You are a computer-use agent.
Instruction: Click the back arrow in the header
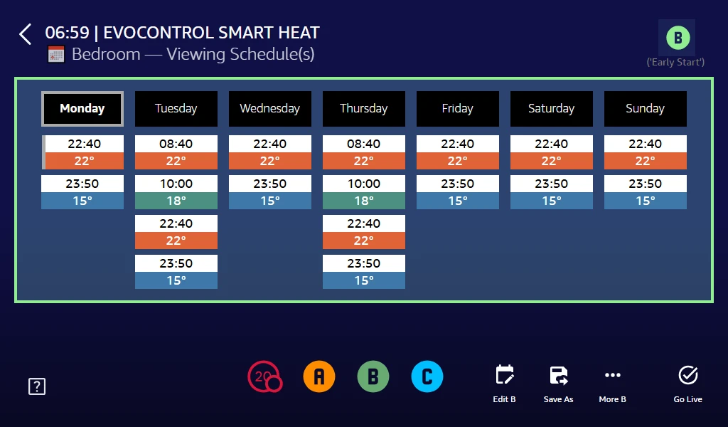[26, 34]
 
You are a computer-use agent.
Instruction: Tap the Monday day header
[82, 109]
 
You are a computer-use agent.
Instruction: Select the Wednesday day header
[270, 109]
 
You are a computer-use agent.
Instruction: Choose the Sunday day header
[646, 109]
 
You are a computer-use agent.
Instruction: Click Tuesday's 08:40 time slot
[176, 144]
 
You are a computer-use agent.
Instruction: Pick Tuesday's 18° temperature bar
[176, 201]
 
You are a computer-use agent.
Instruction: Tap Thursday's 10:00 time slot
[364, 184]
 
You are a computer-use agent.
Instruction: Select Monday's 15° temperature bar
[82, 201]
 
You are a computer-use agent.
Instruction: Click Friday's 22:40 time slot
[458, 144]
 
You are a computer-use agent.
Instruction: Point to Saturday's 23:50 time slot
[552, 184]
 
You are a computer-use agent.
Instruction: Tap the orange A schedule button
[319, 376]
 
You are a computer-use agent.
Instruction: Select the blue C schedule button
[427, 376]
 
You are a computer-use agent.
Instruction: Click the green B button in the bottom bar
[373, 376]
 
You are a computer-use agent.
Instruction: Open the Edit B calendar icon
[505, 375]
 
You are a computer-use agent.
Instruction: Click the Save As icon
[559, 375]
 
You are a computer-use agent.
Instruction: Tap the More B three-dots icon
[613, 375]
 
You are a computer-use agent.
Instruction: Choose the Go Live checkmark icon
[688, 375]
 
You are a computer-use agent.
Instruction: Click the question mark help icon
[37, 386]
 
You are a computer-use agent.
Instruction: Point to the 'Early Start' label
[675, 63]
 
